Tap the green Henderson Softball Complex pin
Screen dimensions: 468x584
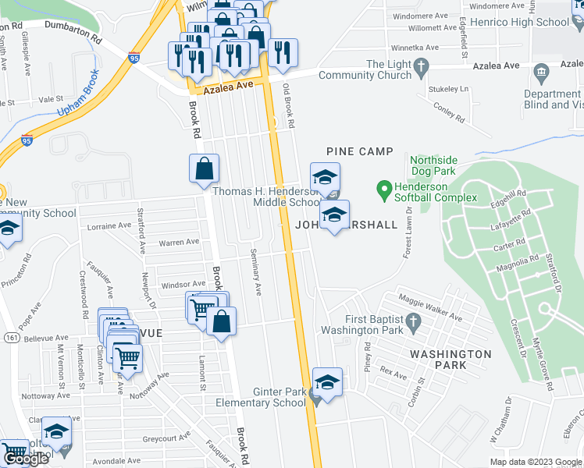point(383,189)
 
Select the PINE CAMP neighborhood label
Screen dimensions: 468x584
point(358,151)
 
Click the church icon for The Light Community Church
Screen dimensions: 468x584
point(422,66)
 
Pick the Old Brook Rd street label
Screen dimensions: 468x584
point(288,106)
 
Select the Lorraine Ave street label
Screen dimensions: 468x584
point(109,226)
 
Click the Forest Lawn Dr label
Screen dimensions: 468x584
point(406,237)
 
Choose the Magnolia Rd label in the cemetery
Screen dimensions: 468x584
point(512,262)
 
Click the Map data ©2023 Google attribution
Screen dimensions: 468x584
point(534,461)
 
